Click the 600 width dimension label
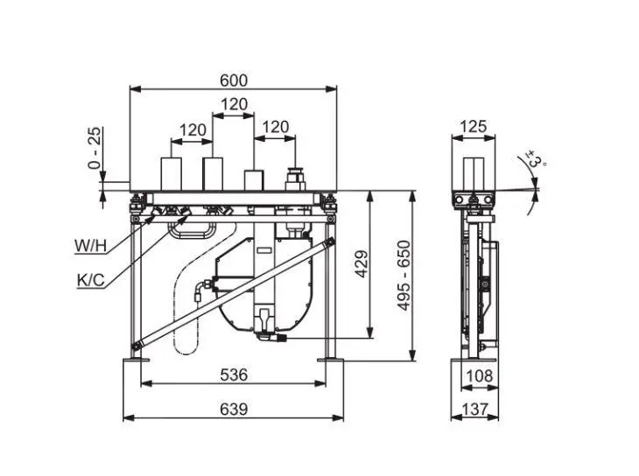(x=233, y=80)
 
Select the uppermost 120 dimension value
(x=233, y=104)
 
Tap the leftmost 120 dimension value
(x=193, y=129)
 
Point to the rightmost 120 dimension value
(x=275, y=127)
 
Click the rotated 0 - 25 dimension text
(x=95, y=148)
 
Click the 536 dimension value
(x=233, y=374)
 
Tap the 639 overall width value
(x=233, y=409)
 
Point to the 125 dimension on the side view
(x=473, y=127)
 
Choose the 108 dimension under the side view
(x=478, y=375)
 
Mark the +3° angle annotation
(x=536, y=160)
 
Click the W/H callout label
(x=90, y=246)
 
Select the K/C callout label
(x=90, y=280)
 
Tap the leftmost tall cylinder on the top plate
(x=171, y=173)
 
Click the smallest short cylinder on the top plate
(x=254, y=179)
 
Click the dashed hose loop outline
(x=186, y=315)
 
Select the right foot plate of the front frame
(x=331, y=358)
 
